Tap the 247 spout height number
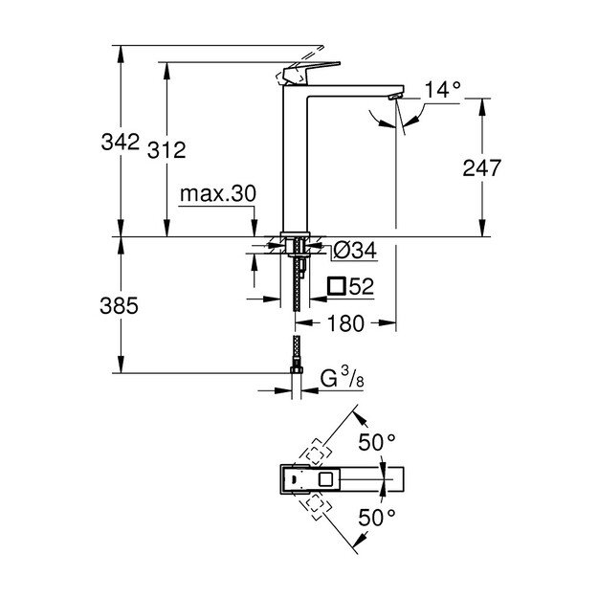(480, 169)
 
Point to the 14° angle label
(443, 91)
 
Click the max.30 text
(217, 194)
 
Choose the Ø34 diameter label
(353, 252)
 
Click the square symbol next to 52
(335, 286)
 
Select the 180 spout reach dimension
(345, 324)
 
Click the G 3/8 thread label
(341, 379)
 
